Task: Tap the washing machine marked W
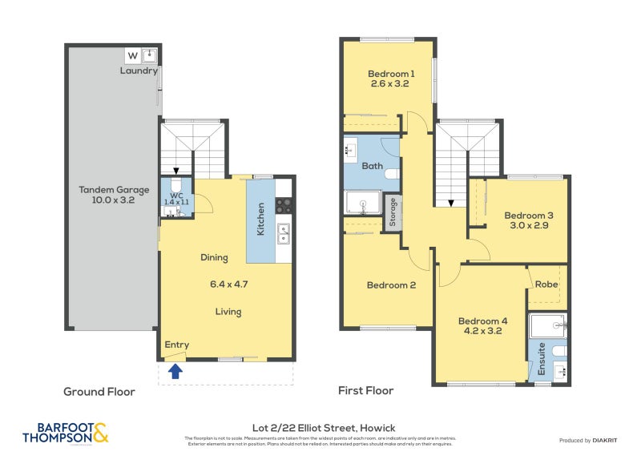tap(132, 55)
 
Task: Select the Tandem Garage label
tap(113, 190)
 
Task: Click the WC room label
tap(176, 194)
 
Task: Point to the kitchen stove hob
tap(284, 205)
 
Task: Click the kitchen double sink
tap(284, 233)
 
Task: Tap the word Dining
tap(214, 257)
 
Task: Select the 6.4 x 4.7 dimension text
tap(228, 284)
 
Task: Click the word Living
tap(228, 312)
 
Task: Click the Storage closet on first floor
tap(392, 214)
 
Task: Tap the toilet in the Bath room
tap(390, 173)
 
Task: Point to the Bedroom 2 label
tap(390, 285)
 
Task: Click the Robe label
tap(546, 284)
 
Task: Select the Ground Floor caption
tap(99, 392)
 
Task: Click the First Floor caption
tap(366, 391)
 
